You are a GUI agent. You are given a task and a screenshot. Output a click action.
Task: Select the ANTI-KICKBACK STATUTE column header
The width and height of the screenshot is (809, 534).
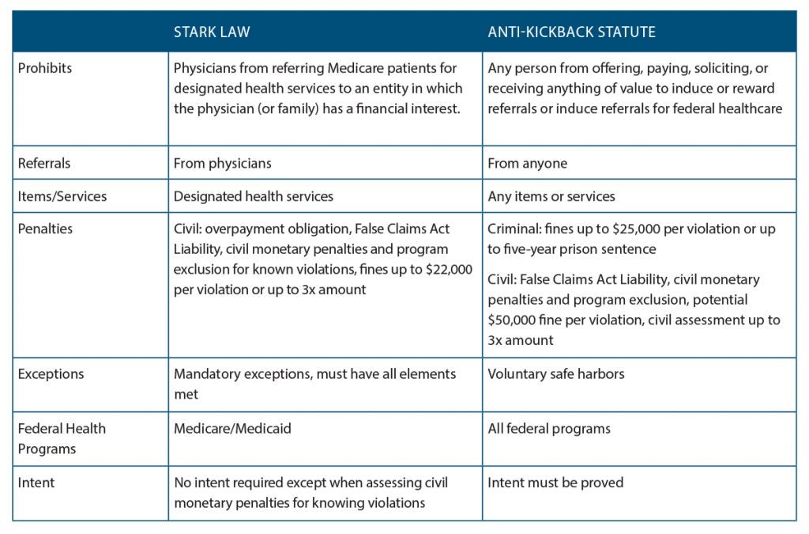(571, 32)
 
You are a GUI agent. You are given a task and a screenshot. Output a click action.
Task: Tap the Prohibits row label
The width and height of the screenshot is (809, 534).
(44, 68)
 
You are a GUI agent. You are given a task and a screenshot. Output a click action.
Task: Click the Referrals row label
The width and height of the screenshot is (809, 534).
(43, 164)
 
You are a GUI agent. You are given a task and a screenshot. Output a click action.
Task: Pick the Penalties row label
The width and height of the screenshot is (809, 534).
(45, 229)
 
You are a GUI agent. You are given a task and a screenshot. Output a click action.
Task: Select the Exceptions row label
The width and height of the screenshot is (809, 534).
(51, 373)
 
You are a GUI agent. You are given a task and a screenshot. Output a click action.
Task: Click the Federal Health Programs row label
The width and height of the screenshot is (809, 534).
(62, 438)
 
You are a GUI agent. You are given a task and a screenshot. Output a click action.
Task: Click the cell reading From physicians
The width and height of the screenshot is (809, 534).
(223, 164)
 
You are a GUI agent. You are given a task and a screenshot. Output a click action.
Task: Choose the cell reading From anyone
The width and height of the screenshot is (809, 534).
(527, 164)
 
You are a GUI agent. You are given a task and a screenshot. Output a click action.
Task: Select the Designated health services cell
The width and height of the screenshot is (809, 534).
(254, 196)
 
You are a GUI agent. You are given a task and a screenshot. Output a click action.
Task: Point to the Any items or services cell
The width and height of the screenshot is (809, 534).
(551, 196)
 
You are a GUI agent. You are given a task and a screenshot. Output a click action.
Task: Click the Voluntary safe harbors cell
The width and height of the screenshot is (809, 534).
(555, 373)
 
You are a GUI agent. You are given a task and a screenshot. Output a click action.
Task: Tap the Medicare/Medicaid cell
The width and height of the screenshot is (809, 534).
(232, 429)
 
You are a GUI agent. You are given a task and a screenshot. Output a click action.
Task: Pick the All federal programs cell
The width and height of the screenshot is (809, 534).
(549, 429)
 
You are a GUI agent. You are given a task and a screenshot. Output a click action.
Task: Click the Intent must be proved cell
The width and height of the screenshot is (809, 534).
(555, 482)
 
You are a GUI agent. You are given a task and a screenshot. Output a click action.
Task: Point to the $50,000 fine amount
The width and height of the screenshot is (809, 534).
(514, 320)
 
